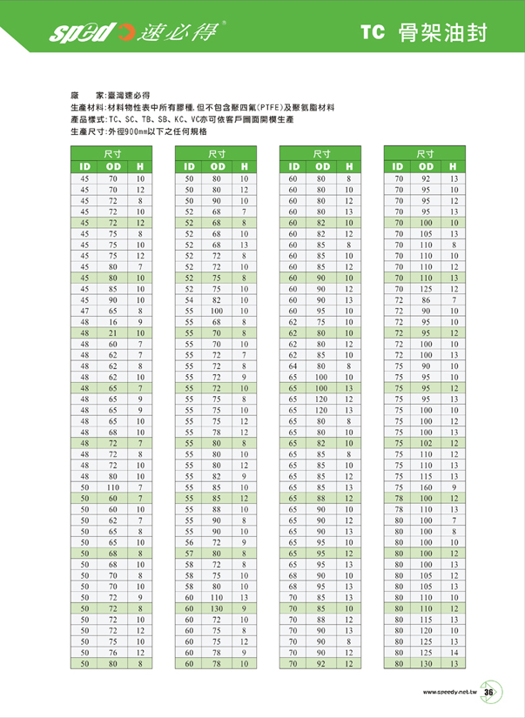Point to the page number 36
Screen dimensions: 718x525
coord(488,692)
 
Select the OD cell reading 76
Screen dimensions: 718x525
coord(112,652)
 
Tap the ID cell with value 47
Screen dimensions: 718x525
coord(85,310)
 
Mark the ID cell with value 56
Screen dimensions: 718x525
coord(190,541)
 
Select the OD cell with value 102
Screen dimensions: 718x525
coord(427,443)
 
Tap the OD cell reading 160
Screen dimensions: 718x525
coord(427,486)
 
